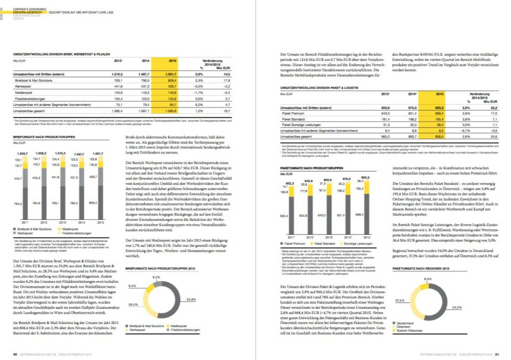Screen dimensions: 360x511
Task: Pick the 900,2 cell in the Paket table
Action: point(440,107)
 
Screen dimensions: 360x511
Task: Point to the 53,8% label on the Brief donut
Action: point(191,300)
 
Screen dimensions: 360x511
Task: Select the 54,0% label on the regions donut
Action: point(456,308)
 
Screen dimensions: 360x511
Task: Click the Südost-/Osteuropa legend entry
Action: point(409,330)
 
